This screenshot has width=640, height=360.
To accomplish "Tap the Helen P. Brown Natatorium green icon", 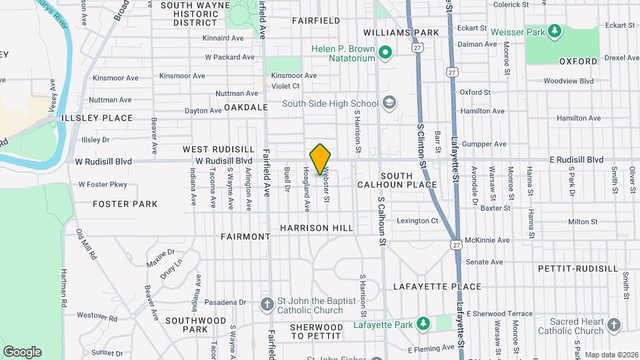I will point(385,53).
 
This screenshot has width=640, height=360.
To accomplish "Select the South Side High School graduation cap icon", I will point(389,103).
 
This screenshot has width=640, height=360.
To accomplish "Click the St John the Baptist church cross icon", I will point(267,305).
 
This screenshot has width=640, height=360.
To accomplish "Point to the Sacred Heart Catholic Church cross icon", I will point(613,325).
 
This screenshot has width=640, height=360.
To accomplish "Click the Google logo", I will point(22,352).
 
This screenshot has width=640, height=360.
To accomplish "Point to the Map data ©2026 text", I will point(611,355).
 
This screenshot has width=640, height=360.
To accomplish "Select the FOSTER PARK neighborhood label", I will point(125,204).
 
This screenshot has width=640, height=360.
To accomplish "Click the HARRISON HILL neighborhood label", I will point(316,228).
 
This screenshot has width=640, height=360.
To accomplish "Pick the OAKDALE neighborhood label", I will point(246,107).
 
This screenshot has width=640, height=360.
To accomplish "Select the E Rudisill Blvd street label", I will point(576,160).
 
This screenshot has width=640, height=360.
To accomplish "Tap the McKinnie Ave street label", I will point(487,240).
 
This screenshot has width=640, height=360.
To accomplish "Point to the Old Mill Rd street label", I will point(87,245).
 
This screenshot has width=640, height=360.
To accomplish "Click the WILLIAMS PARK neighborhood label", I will point(401,33).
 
